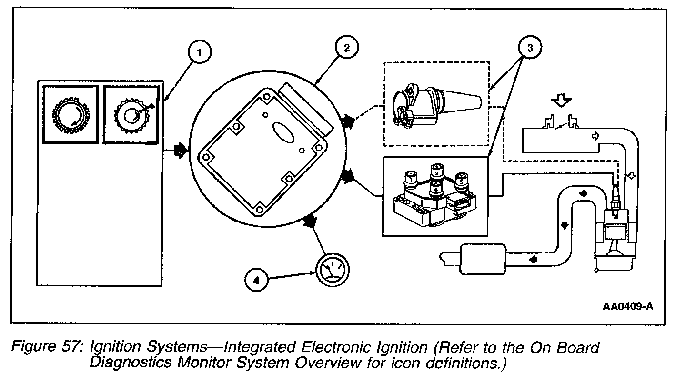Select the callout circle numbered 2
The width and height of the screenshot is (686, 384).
pos(346,48)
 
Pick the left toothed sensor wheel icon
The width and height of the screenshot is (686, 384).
pos(70,114)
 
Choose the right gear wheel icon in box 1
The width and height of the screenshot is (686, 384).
pos(131,114)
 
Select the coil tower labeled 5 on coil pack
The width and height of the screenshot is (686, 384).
pos(461,182)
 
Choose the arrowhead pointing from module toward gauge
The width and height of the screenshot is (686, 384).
pos(311,222)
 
